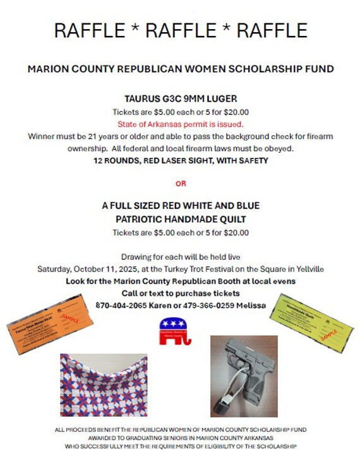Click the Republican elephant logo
point(176,333)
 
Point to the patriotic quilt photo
point(104,385)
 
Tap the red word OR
point(181,184)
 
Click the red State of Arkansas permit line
point(180,124)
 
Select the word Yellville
point(308,269)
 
